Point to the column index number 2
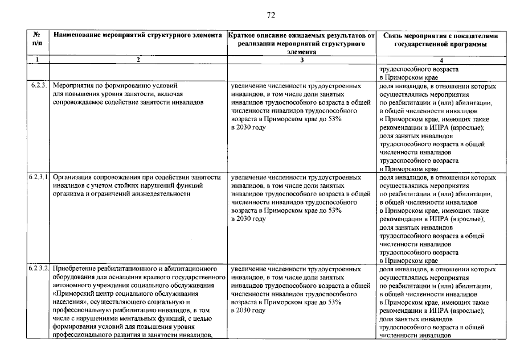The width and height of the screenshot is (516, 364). click(x=138, y=60)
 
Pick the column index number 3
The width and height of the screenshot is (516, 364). click(x=302, y=60)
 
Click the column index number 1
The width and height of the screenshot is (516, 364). click(x=38, y=60)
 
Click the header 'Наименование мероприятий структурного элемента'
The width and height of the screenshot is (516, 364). click(x=138, y=35)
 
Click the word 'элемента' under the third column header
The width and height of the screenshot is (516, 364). click(x=301, y=51)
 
